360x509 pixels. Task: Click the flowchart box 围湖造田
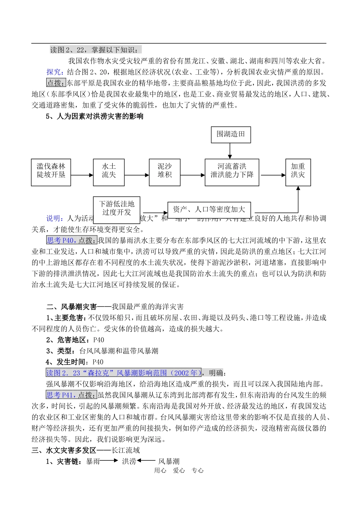(x=231, y=135)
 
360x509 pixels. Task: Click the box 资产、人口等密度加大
(x=209, y=209)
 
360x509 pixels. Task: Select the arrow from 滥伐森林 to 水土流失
(x=82, y=175)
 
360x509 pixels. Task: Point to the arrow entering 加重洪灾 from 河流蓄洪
(x=273, y=175)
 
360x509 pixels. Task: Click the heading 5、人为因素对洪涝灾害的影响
(x=95, y=116)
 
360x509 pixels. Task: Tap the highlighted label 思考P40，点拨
(x=71, y=240)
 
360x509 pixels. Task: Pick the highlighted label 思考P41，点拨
(x=71, y=395)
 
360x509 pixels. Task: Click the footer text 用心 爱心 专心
(x=179, y=470)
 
